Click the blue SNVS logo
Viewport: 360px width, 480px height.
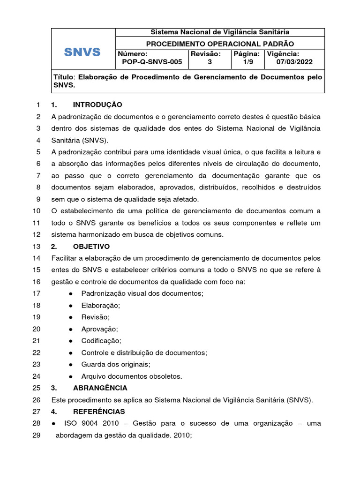point(82,52)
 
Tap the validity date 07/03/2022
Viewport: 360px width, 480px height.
point(294,62)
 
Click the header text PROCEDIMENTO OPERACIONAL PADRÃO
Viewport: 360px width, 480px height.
point(219,43)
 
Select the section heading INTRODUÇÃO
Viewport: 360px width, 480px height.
point(97,105)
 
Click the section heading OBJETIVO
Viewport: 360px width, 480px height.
point(91,246)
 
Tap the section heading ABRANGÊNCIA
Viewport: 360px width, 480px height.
point(100,388)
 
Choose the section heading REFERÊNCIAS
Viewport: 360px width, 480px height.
point(99,412)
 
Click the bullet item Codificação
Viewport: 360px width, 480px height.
point(101,341)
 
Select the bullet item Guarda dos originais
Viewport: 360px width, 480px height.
point(112,364)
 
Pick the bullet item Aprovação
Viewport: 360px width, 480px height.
point(99,329)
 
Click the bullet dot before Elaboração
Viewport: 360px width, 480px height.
point(70,306)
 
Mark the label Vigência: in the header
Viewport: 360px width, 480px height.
point(283,54)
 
